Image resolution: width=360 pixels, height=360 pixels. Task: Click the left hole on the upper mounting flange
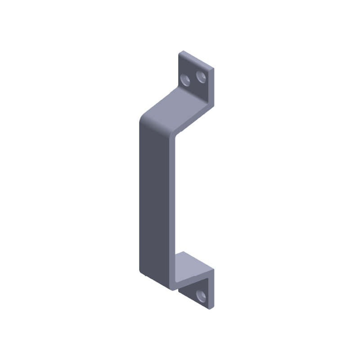(x=185, y=80)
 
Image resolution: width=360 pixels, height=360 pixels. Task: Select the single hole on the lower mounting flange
(x=201, y=296)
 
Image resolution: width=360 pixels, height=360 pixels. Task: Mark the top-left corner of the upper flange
(x=180, y=53)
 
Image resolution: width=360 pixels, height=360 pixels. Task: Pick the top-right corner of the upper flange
(x=212, y=69)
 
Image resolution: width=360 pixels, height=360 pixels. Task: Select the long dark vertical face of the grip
(x=155, y=198)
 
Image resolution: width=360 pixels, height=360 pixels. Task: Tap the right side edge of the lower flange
(x=212, y=288)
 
